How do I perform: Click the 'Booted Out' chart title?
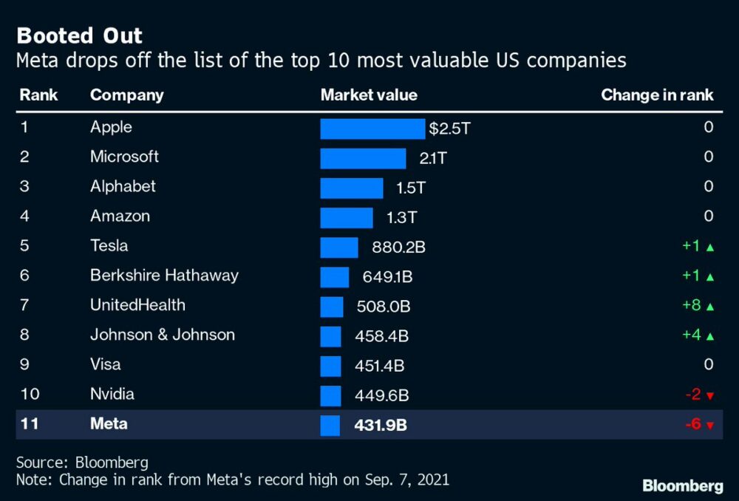pos(80,35)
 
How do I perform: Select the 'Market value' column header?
pos(368,95)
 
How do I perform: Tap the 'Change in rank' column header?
pos(657,95)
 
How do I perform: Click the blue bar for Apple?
pos(372,129)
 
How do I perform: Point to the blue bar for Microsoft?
pos(363,158)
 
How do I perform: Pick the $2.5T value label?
pos(449,129)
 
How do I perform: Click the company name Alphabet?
pos(123,186)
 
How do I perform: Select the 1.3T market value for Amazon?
pos(402,217)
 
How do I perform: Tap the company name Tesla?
pos(109,245)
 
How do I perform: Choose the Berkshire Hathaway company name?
pos(164,276)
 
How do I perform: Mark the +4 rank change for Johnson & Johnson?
pos(691,335)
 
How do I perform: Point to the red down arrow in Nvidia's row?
pos(710,396)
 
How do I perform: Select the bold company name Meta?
pos(109,424)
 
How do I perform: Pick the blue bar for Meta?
pos(330,425)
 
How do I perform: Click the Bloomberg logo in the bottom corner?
pos(682,485)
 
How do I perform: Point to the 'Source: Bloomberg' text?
pos(82,463)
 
